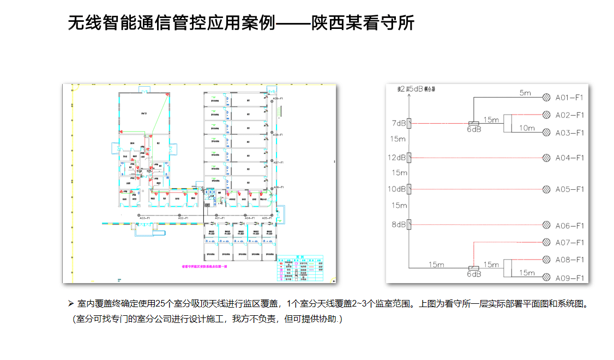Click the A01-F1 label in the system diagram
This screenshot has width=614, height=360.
coord(569,98)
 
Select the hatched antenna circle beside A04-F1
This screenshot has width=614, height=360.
coord(546,158)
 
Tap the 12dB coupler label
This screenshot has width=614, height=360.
coord(397,158)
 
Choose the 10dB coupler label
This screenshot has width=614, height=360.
coord(397,189)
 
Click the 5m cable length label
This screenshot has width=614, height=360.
coord(525,93)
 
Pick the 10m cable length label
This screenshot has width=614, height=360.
coord(526,128)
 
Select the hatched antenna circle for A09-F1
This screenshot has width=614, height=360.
coord(546,278)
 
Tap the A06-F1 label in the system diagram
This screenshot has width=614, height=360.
coord(569,226)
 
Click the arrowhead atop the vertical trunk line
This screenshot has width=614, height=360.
coord(410,88)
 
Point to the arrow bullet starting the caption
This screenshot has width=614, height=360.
coord(70,303)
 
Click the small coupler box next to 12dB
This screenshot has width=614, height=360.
coord(410,158)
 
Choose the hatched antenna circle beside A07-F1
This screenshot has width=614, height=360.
coord(546,242)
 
